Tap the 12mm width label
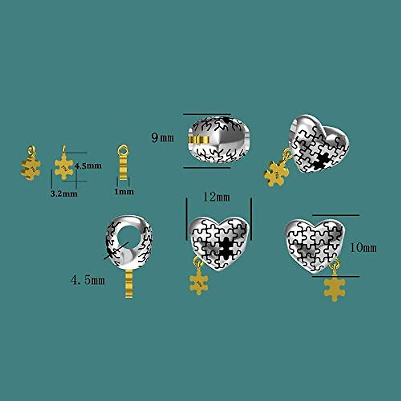tap(217, 197)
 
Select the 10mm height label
tap(363, 248)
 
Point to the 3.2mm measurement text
tap(64, 194)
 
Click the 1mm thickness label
tap(124, 192)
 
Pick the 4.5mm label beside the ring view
tap(88, 280)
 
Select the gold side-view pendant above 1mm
tap(123, 165)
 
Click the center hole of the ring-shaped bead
tap(129, 236)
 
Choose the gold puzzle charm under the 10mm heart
tap(335, 288)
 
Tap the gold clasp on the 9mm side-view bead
tap(196, 139)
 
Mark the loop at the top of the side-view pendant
tap(124, 149)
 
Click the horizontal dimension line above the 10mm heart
tap(336, 215)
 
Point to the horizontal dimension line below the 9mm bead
tap(207, 167)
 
